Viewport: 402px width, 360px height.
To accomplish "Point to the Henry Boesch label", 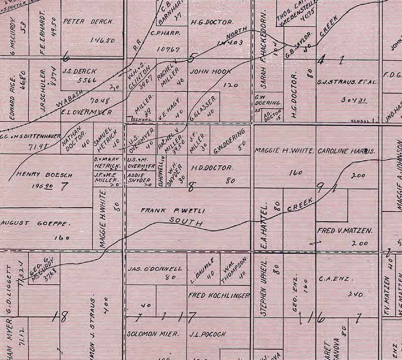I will [x=38, y=174].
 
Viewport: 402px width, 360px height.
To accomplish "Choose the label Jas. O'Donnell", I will [x=155, y=269].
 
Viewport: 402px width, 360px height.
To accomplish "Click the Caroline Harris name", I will [x=347, y=151].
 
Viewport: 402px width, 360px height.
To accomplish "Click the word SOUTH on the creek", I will [x=186, y=222].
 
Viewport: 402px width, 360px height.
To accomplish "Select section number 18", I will [x=62, y=317].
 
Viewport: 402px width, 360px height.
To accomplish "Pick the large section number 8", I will [x=191, y=186].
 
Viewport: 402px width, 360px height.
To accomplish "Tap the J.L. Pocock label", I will [x=208, y=334].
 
